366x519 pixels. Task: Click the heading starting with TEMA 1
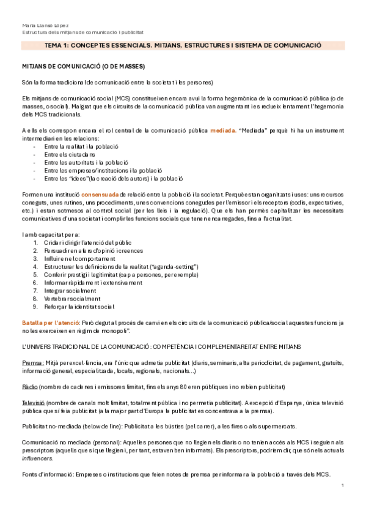click(x=183, y=46)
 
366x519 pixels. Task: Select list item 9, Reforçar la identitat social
click(x=79, y=306)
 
